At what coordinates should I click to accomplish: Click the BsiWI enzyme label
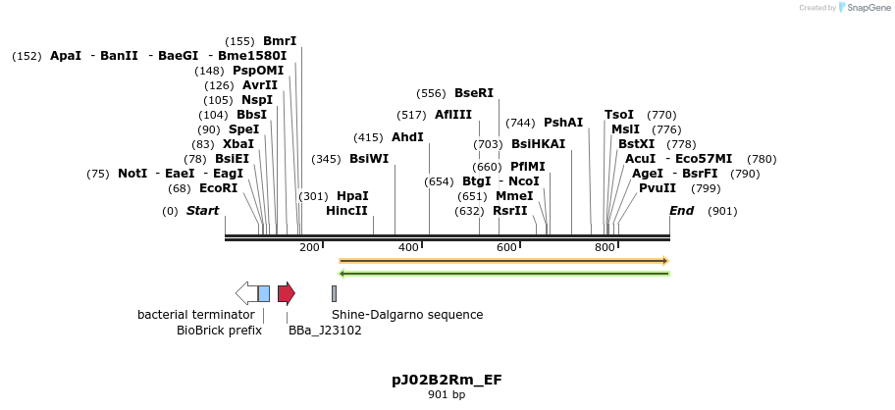(369, 159)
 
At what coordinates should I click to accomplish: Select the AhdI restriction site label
(407, 137)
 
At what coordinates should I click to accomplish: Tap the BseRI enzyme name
(473, 93)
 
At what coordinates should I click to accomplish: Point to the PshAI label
(563, 123)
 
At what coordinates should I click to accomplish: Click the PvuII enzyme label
(658, 188)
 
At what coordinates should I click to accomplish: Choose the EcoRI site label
(218, 188)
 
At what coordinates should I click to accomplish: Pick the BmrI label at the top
(280, 41)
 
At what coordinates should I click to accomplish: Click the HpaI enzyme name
(352, 196)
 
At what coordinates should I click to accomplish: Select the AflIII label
(453, 115)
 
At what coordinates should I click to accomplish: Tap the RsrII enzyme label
(510, 211)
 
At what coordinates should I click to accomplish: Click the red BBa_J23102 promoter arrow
(286, 293)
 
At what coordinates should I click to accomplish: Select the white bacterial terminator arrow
(245, 293)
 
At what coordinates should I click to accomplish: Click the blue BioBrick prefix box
(263, 293)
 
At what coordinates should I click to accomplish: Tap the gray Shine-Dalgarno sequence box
(334, 293)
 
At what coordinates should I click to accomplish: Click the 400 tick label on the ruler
(408, 248)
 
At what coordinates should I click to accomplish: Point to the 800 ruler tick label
(605, 248)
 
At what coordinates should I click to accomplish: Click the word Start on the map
(202, 211)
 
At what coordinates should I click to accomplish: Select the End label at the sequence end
(681, 211)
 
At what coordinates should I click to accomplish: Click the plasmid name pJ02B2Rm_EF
(447, 380)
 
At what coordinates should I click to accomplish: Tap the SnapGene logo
(864, 8)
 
